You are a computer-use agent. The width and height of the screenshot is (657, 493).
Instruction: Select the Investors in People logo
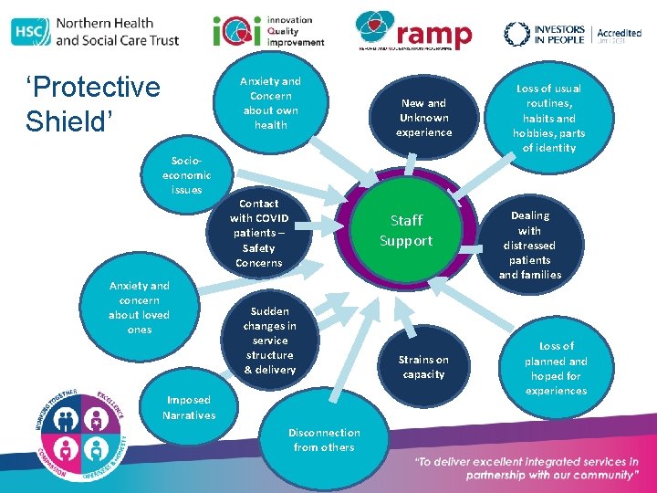(545, 34)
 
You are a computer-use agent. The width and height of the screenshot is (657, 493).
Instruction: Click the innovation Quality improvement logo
(269, 32)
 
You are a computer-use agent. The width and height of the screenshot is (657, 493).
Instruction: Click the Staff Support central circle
(406, 230)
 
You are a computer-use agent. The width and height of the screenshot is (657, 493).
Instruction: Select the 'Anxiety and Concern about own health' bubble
(270, 103)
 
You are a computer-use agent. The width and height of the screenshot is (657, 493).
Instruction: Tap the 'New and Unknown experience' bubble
(423, 118)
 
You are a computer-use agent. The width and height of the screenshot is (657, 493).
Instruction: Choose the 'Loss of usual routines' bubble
(548, 118)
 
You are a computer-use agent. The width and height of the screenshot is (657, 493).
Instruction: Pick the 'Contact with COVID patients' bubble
(259, 233)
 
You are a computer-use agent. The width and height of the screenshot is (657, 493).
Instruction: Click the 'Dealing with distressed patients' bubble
(530, 245)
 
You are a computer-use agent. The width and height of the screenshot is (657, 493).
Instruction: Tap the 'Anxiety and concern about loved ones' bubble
(139, 308)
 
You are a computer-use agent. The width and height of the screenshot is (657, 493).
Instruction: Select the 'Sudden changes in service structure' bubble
(269, 341)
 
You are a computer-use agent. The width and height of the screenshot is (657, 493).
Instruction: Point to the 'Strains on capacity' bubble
(423, 367)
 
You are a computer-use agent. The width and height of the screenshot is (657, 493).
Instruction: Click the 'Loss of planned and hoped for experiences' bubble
(556, 368)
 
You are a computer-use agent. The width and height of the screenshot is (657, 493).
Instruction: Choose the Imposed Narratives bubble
(189, 408)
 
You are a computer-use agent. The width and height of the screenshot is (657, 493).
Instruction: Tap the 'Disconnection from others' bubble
(324, 440)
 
